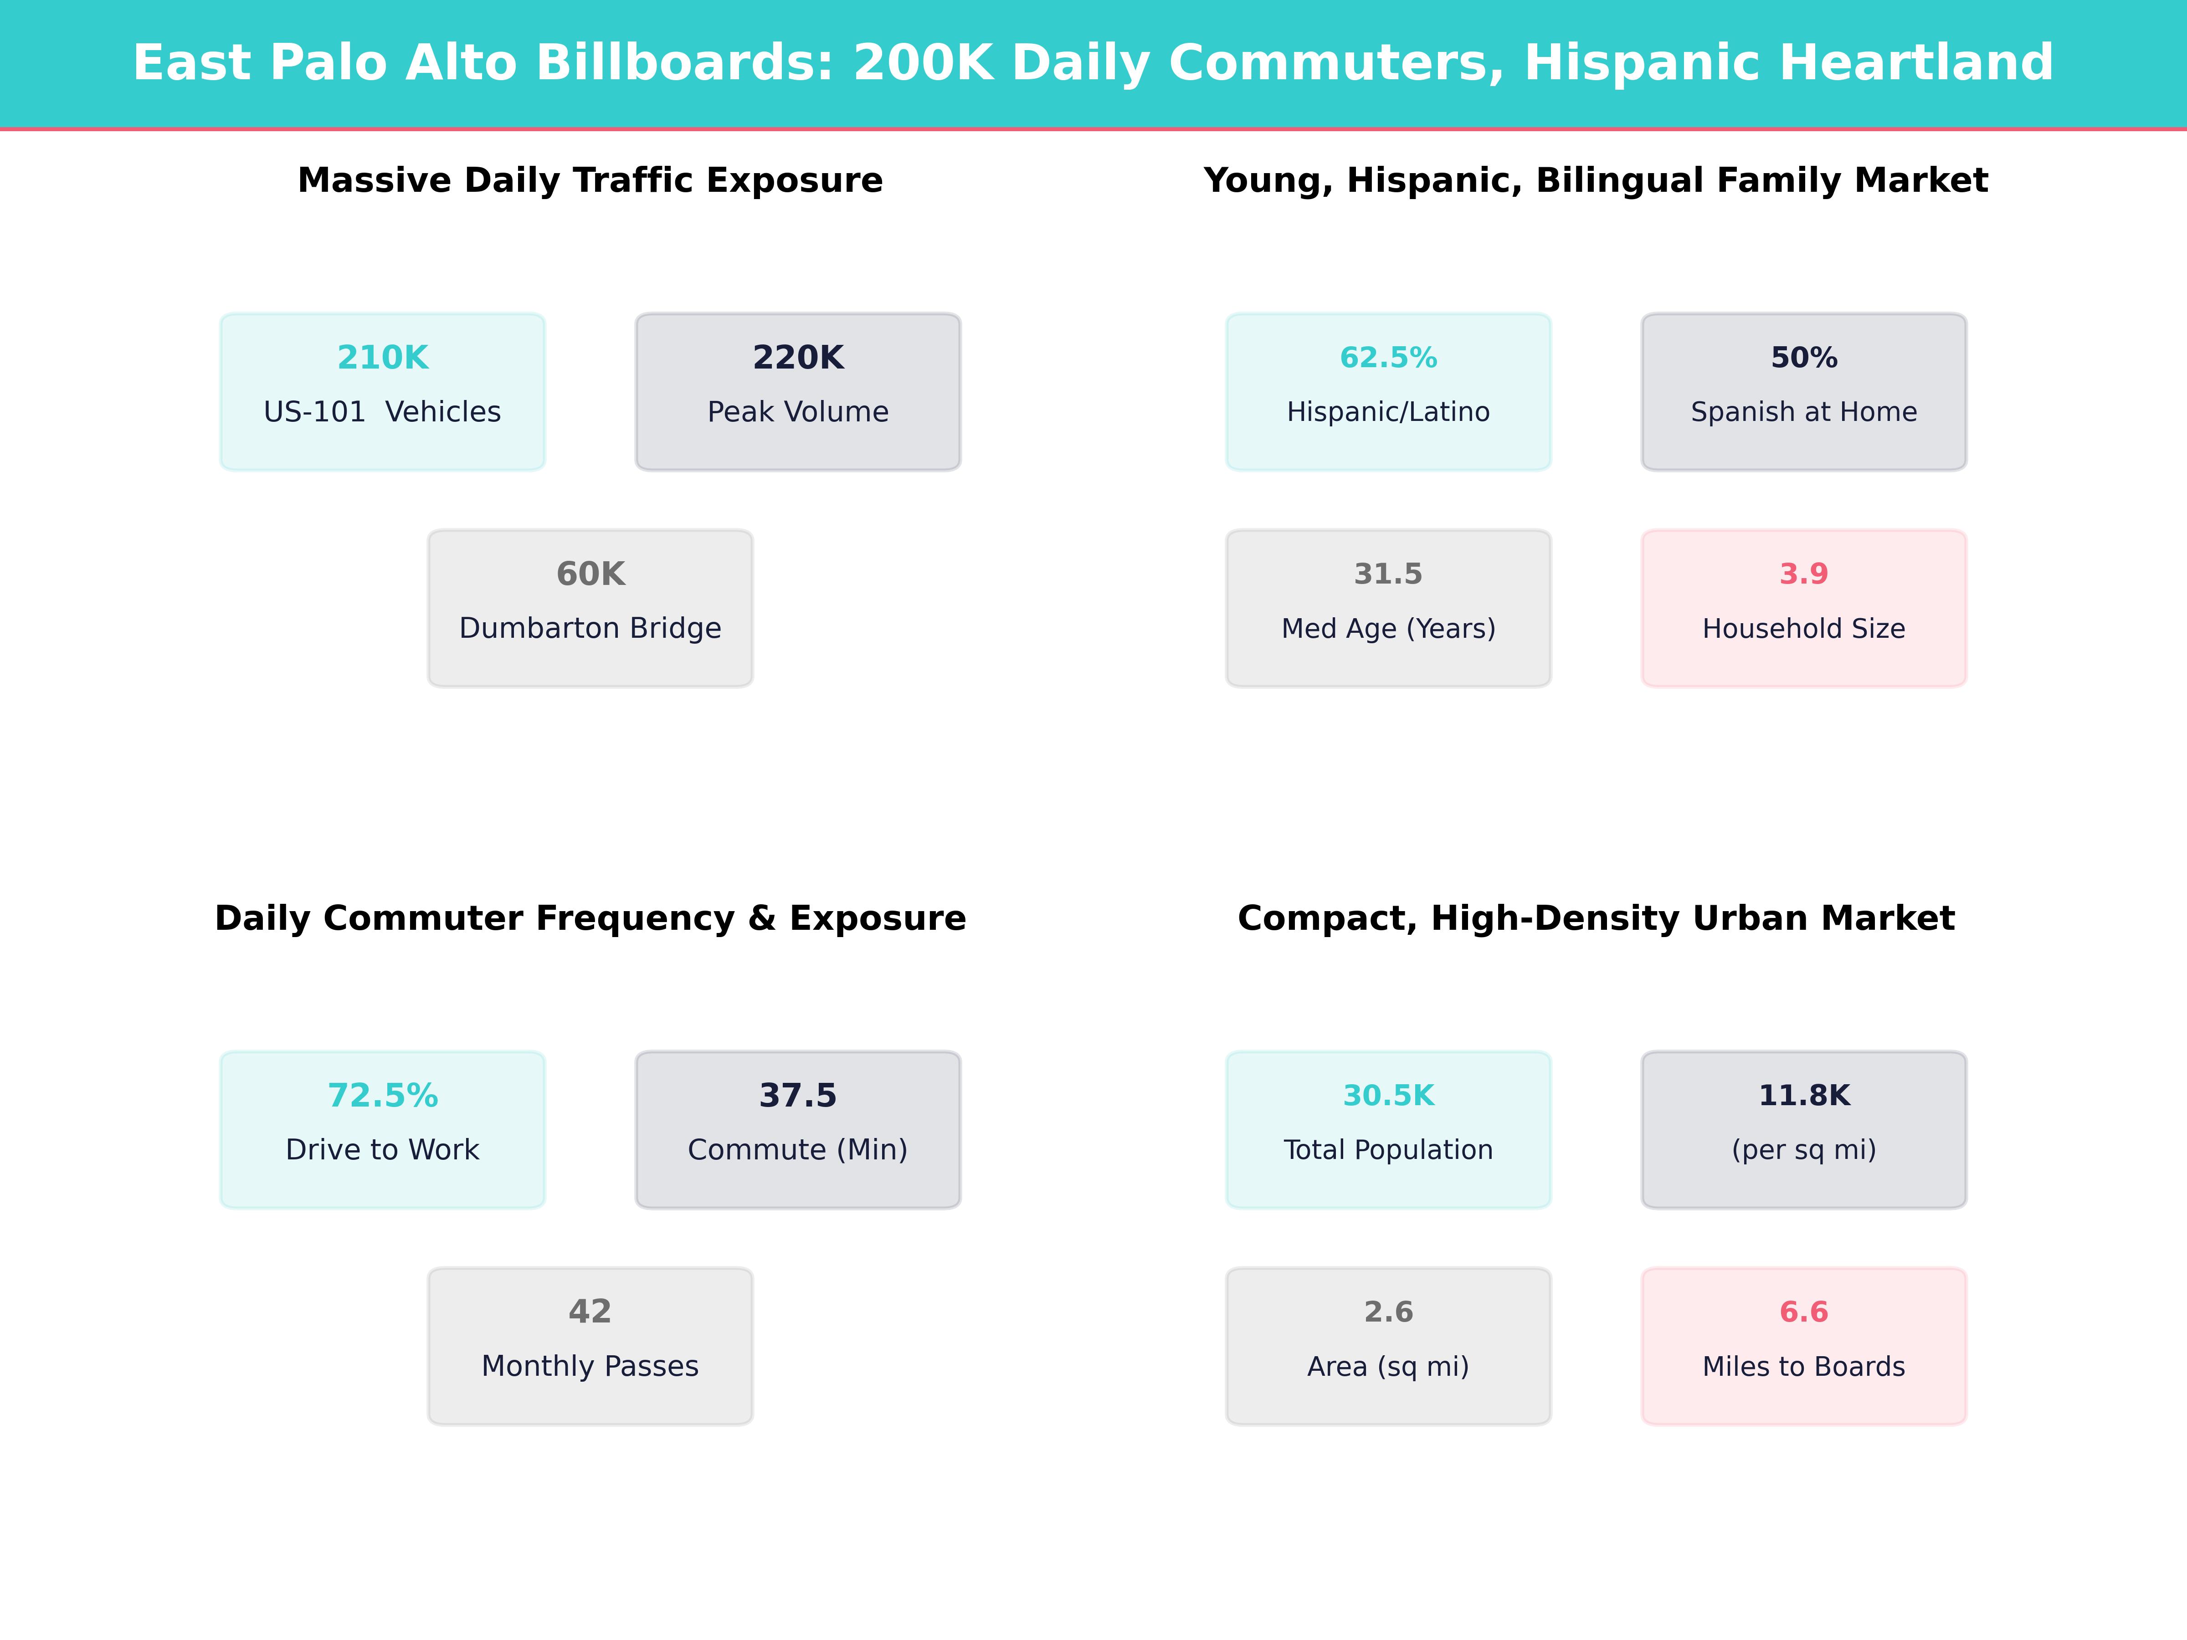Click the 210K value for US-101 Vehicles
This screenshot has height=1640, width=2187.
point(383,358)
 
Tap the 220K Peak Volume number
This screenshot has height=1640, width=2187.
point(798,358)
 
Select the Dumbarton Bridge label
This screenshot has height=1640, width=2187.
point(590,629)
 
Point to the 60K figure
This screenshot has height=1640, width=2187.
point(590,574)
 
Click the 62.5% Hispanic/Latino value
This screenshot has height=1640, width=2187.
point(1388,358)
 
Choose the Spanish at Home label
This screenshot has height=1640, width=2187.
point(1803,412)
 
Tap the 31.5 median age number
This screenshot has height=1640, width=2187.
point(1388,574)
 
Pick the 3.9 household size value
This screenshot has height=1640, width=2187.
point(1803,574)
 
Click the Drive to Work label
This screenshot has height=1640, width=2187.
point(383,1150)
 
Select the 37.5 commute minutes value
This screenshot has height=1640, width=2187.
point(798,1095)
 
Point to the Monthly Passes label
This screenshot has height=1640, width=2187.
point(590,1366)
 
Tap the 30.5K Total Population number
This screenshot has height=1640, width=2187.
point(1388,1095)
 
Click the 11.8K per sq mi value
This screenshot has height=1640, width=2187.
point(1803,1095)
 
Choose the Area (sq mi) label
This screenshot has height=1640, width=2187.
point(1388,1366)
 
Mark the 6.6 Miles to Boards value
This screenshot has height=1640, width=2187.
point(1803,1312)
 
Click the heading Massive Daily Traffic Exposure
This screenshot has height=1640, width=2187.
point(590,181)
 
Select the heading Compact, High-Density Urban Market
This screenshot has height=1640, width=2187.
point(1596,918)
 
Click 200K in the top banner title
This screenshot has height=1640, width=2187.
point(923,63)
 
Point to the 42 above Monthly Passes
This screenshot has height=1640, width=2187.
point(590,1312)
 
